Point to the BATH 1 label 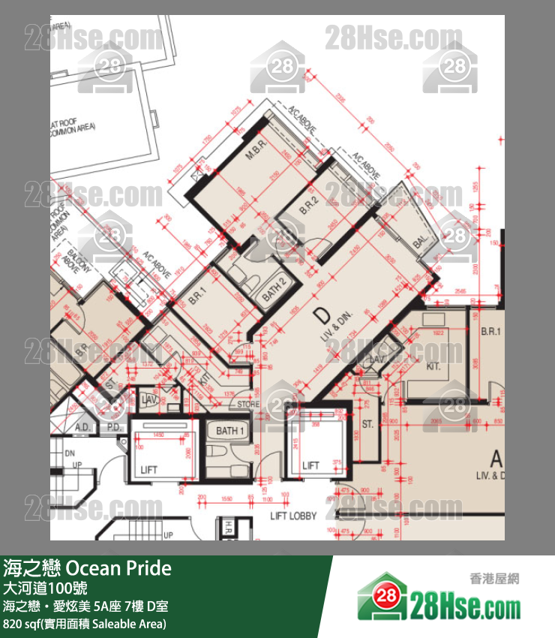230,431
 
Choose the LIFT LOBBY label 293,516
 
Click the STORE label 248,405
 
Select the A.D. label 83,429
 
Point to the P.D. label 113,429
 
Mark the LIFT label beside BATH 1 148,470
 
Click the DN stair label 69,454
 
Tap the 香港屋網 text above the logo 494,578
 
